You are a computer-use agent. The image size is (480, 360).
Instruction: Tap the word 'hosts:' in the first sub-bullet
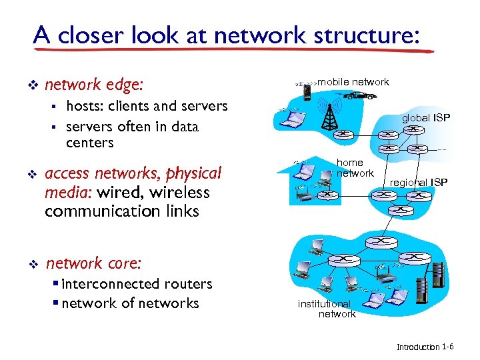pos(85,106)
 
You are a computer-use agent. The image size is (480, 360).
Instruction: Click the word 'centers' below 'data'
pos(90,143)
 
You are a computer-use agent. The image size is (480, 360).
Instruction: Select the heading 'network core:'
pos(93,263)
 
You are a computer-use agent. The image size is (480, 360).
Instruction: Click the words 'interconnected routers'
pos(136,284)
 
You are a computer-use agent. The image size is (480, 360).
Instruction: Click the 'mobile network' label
pos(353,82)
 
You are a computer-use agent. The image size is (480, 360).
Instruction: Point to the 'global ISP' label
pos(425,118)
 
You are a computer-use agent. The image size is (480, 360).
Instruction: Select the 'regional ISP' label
pos(419,183)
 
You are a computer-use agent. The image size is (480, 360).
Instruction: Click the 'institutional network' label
pos(326,308)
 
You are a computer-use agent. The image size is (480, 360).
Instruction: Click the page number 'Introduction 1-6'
pos(425,347)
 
